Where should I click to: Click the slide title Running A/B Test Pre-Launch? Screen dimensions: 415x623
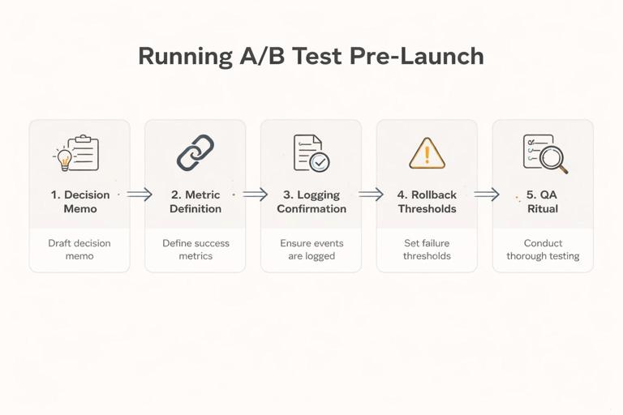[311, 56]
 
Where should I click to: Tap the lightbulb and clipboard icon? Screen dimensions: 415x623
[78, 152]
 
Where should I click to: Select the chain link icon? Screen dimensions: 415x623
[195, 152]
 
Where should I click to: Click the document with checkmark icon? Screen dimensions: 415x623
[311, 152]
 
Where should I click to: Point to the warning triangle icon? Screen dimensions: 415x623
[427, 152]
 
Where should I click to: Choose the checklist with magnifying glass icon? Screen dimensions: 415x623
[544, 153]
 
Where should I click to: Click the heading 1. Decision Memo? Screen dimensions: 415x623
[79, 202]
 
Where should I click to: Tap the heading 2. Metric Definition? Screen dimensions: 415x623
[195, 202]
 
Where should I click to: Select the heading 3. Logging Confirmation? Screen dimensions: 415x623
[311, 202]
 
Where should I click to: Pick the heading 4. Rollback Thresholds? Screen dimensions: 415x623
[427, 202]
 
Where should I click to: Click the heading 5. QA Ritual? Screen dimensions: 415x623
[543, 202]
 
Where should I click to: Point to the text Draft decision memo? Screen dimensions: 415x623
[79, 250]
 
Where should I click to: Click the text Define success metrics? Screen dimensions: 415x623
[195, 250]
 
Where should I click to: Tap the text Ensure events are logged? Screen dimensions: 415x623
[311, 250]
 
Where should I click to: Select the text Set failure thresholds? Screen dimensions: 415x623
[427, 250]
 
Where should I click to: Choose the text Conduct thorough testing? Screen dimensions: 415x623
[543, 250]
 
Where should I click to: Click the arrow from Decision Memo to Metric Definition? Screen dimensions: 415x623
[140, 195]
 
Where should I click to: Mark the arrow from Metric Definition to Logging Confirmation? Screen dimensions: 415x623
[255, 195]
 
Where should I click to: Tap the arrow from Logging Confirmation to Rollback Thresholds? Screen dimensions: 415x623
[371, 195]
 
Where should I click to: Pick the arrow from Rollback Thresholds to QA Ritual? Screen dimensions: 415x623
[486, 195]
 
